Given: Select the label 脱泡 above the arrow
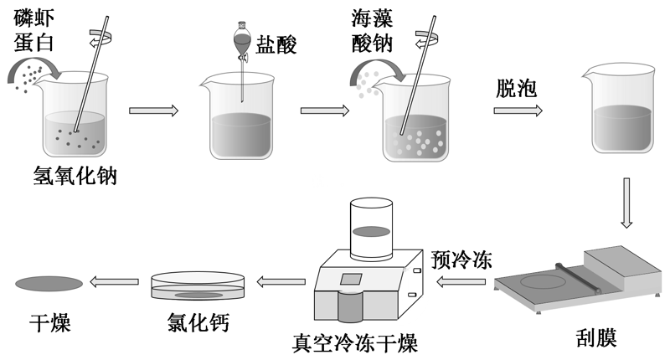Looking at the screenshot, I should tap(516, 85).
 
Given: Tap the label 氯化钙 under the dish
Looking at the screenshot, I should tap(198, 321).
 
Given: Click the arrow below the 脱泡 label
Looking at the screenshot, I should tap(516, 109).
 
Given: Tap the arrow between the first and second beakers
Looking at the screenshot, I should tap(155, 109).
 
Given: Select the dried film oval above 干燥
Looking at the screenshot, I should tap(49, 283).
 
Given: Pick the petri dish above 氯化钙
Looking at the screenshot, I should tap(198, 286).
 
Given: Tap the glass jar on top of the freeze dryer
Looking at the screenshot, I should tap(372, 228).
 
